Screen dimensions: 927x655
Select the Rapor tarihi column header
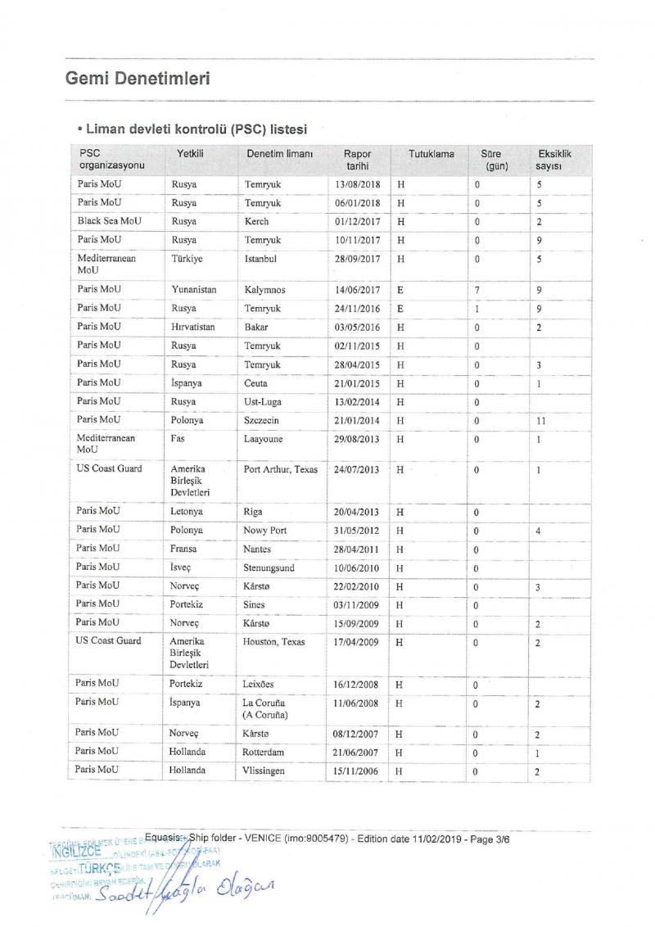[x=357, y=160]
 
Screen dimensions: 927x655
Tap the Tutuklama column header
[x=431, y=154]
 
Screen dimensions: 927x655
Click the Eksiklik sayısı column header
[x=554, y=160]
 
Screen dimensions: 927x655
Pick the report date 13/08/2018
[x=357, y=185]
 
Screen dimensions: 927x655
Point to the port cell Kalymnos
[x=264, y=290]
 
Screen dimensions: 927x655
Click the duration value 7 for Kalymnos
[x=477, y=290]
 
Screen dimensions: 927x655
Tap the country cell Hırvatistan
[x=193, y=326]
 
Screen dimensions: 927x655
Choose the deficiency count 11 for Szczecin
[x=542, y=421]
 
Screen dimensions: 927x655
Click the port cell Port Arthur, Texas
[x=280, y=470]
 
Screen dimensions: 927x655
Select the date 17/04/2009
[x=357, y=642]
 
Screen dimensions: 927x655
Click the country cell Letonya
[x=187, y=512]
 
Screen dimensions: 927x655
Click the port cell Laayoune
[x=265, y=439]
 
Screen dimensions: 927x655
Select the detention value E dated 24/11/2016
[x=400, y=309]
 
